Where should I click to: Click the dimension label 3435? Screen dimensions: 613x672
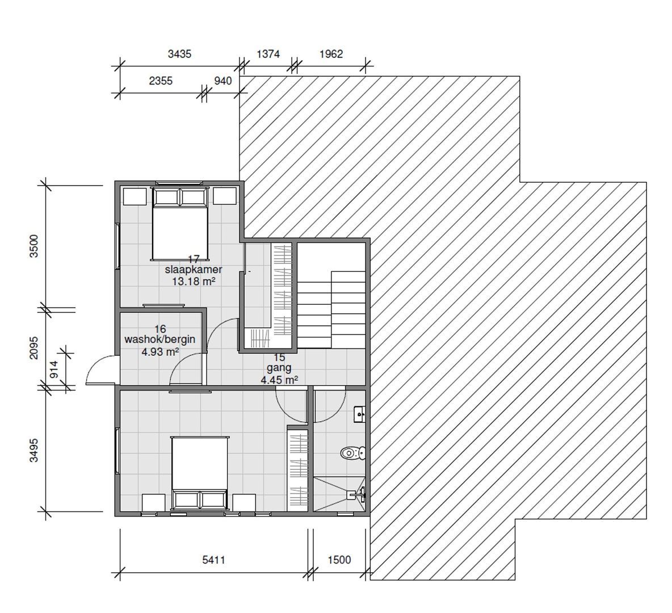tap(180, 54)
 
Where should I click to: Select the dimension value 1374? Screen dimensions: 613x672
tap(268, 54)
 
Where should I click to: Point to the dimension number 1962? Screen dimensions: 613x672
tap(331, 54)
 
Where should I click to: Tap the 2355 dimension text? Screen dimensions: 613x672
tap(161, 81)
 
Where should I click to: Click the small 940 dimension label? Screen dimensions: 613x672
tap(222, 81)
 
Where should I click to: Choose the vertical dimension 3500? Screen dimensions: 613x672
tap(35, 246)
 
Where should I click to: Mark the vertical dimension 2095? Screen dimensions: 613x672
tap(35, 347)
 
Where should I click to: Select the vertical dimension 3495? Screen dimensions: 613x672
tap(35, 451)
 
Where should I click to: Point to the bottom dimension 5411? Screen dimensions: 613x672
tap(214, 560)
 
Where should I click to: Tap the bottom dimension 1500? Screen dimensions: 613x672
tap(339, 560)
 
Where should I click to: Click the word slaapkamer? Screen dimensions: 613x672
tap(193, 270)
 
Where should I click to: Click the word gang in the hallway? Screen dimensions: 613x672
tap(279, 368)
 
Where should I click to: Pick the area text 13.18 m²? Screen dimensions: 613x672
tap(193, 281)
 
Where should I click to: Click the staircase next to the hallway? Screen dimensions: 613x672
tap(331, 295)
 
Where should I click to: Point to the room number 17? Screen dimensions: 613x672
tap(194, 259)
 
